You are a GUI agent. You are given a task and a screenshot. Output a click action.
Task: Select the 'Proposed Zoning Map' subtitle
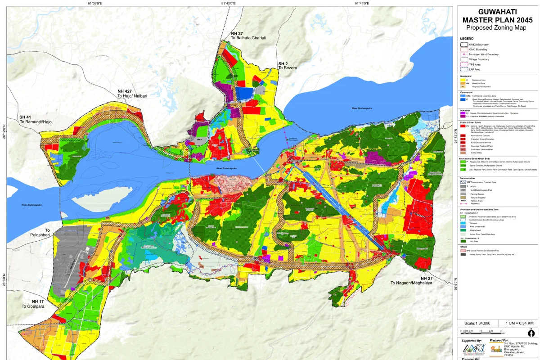click(497, 27)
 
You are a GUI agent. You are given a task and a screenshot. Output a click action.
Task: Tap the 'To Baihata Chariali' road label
click(248, 38)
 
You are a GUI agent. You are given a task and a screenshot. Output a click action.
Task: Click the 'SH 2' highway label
click(283, 63)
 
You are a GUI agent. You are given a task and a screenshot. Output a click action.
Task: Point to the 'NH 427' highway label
click(125, 91)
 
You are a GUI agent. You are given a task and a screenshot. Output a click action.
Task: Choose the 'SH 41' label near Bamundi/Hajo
click(26, 117)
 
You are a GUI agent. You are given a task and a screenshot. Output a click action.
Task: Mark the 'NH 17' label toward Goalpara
click(38, 301)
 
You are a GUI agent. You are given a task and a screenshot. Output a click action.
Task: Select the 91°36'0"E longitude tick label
click(94, 3)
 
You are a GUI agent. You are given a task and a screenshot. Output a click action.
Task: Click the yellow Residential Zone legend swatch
click(463, 80)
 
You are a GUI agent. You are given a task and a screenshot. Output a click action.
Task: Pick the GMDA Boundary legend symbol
click(464, 45)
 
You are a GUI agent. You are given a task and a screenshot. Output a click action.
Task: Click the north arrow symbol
click(531, 333)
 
